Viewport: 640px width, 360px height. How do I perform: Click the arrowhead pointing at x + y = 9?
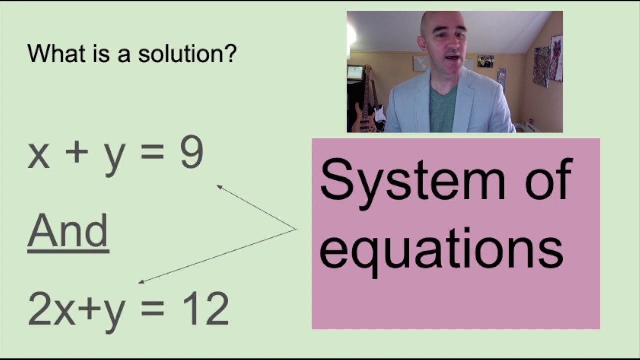(219, 187)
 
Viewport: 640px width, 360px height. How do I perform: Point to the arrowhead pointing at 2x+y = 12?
(141, 282)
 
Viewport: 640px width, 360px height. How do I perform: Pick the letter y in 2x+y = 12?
(114, 312)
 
